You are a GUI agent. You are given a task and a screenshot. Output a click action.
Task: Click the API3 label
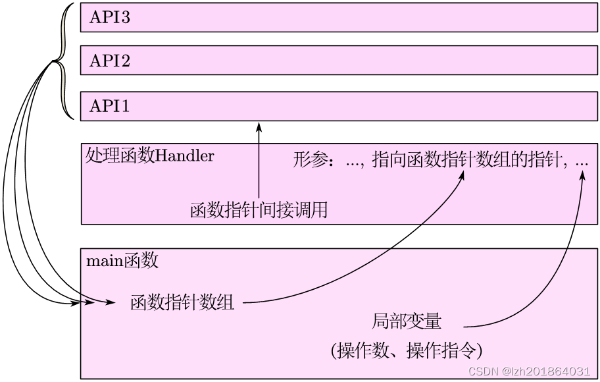[x=109, y=18]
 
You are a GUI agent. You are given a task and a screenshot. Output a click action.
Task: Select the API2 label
[x=109, y=61]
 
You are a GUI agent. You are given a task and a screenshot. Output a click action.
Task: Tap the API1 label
[x=109, y=105]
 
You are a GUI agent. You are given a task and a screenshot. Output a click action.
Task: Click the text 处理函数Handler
[x=149, y=156]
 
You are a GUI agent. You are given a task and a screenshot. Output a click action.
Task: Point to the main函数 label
[x=122, y=261]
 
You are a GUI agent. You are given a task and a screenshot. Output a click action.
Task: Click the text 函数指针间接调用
[x=259, y=211]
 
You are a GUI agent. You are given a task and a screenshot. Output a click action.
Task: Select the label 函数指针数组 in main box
[x=182, y=303]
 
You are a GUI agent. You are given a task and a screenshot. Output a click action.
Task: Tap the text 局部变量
[x=407, y=321]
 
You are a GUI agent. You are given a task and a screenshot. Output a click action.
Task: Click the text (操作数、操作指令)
[x=407, y=350]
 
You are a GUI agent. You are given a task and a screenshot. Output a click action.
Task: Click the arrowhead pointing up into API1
[x=259, y=126]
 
